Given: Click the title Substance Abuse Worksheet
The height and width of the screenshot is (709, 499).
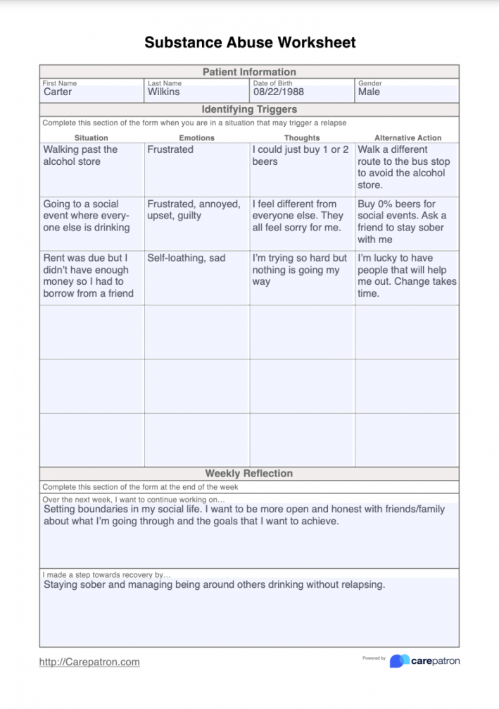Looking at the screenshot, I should (x=250, y=42).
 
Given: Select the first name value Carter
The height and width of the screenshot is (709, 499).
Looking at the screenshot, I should (x=58, y=92).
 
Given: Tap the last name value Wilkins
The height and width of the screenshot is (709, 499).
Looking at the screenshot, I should (x=163, y=92).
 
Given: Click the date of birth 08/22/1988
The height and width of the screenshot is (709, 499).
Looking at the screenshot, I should (x=279, y=92).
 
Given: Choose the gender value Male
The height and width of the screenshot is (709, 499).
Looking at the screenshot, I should (x=369, y=92).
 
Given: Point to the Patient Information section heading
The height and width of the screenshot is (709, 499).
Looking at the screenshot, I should (x=249, y=72).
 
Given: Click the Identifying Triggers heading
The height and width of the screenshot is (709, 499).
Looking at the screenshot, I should (x=249, y=109).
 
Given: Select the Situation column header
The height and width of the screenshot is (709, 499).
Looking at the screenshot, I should (x=91, y=138).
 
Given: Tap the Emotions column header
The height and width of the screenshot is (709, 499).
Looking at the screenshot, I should (x=197, y=138).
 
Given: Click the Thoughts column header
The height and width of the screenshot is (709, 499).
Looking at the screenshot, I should (x=302, y=138).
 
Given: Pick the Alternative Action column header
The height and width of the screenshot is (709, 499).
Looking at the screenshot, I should (x=408, y=138).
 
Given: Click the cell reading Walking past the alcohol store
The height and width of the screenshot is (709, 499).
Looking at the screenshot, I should (x=80, y=156).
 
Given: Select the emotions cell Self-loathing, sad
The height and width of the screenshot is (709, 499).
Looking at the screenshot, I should (x=187, y=258).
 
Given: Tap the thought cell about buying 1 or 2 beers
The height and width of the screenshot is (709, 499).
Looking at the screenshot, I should (x=301, y=156).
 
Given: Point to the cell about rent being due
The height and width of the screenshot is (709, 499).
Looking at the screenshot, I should (x=87, y=276).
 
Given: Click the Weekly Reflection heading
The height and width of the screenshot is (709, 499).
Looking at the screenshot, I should (x=249, y=474).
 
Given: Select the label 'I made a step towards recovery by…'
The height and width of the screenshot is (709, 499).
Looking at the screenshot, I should (x=107, y=575).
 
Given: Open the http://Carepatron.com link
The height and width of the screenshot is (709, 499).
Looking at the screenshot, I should (x=89, y=662).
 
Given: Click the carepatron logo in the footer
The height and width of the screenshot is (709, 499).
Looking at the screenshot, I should (x=425, y=660).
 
